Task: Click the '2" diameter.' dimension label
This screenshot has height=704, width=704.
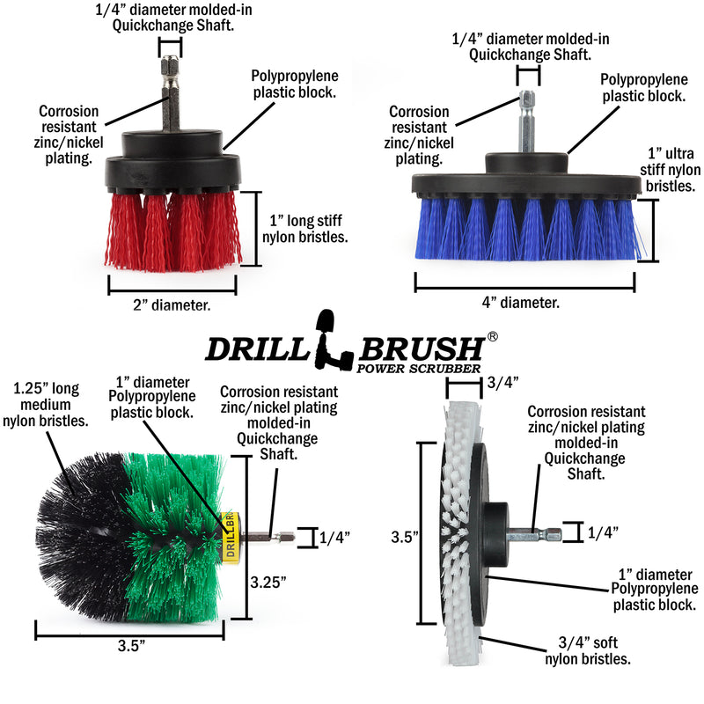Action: coord(172,306)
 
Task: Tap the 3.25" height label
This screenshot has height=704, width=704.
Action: coord(268,582)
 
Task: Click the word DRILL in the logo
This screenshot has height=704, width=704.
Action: coord(256,348)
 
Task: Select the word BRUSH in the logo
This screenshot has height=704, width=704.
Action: coord(422,347)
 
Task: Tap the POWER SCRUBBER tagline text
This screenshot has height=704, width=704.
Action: coord(418,368)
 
